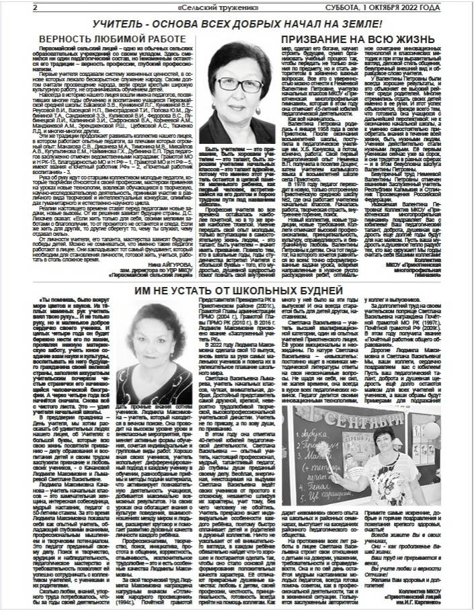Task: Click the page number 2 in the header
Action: [34, 7]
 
